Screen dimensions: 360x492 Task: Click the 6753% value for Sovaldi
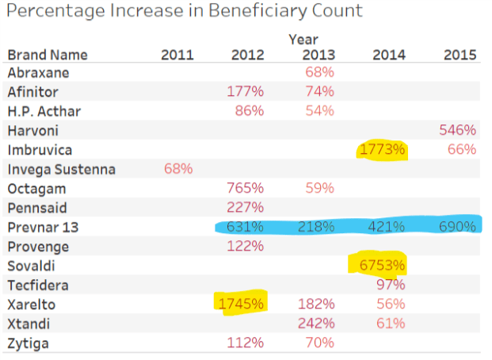(x=384, y=265)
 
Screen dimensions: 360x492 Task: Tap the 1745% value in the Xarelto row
(x=242, y=304)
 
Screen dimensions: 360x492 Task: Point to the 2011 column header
(x=177, y=55)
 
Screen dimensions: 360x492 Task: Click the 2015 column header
(x=460, y=55)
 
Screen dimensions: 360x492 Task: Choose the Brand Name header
(x=48, y=55)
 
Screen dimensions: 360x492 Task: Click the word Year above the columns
(x=303, y=39)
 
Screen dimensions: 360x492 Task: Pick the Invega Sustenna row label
(x=61, y=169)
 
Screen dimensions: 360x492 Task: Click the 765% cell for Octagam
(x=246, y=188)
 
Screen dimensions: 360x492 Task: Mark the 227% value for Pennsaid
(x=246, y=208)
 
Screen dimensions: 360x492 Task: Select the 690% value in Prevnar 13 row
(x=458, y=227)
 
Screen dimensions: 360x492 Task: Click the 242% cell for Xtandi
(x=317, y=324)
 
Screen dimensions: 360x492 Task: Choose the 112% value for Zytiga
(x=246, y=343)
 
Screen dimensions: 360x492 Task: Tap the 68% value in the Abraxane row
(x=319, y=72)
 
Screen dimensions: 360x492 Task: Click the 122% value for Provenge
(x=246, y=246)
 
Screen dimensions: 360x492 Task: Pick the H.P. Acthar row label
(x=44, y=110)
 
